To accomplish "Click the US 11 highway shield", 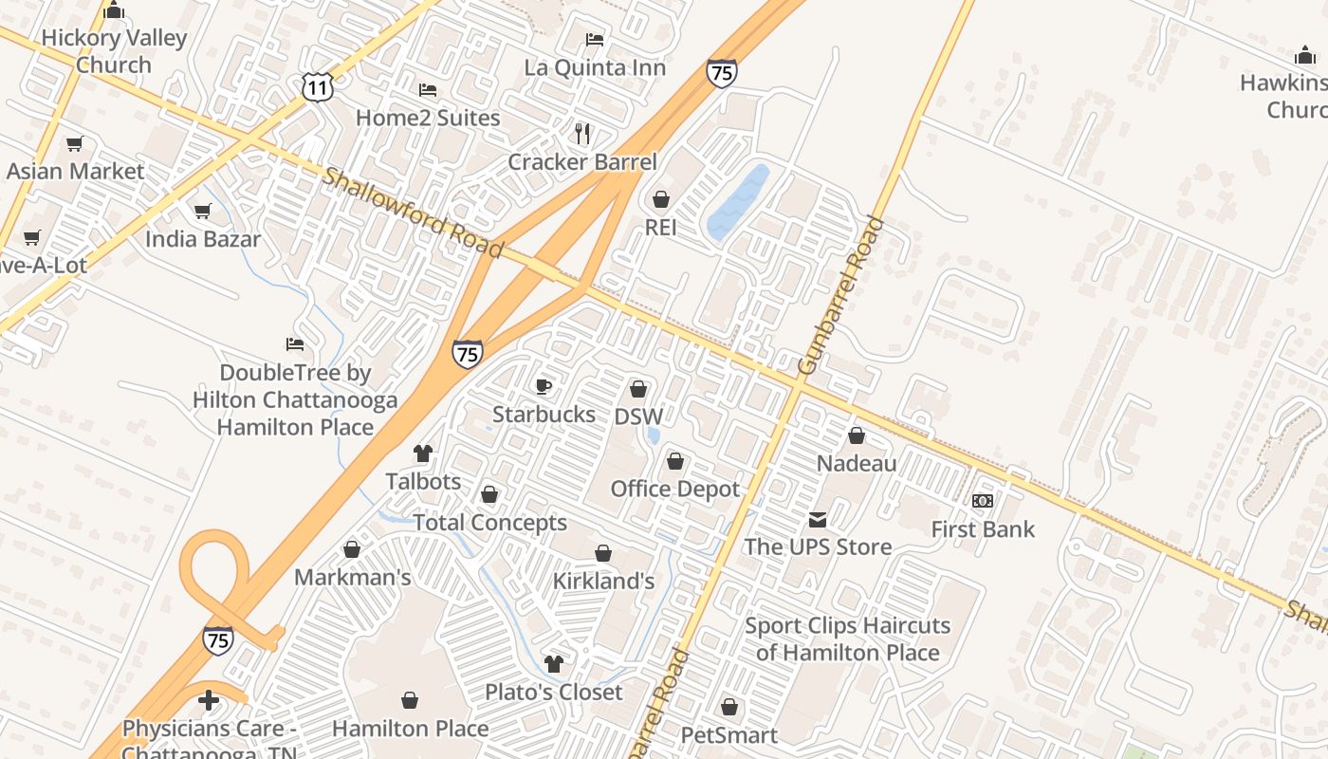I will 318,88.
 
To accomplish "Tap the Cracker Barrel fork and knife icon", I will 582,134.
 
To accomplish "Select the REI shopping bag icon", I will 661,199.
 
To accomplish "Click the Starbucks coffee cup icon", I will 544,385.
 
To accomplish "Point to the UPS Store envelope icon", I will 818,519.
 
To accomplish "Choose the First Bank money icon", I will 983,500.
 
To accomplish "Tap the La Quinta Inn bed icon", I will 595,40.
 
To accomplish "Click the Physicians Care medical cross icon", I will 209,701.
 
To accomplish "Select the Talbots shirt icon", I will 423,454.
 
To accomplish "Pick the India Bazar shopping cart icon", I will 202,211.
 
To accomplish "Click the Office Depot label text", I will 674,489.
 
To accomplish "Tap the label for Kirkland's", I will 603,581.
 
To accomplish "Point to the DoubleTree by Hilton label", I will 295,399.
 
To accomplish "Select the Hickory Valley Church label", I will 114,51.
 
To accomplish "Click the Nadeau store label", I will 857,463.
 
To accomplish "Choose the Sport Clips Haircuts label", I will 847,639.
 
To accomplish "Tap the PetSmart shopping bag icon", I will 729,707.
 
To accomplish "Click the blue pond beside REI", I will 738,202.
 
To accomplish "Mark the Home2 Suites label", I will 428,118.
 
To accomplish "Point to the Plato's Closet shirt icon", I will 554,664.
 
